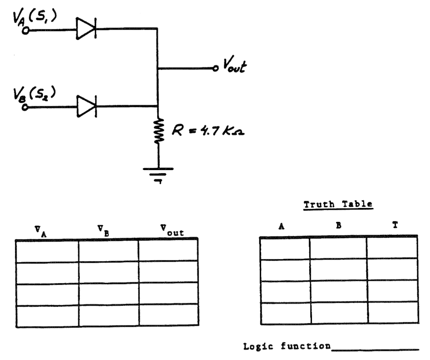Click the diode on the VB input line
coord(86,106)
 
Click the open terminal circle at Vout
coord(215,68)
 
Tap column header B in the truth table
coord(338,225)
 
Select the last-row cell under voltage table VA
coord(47,315)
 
